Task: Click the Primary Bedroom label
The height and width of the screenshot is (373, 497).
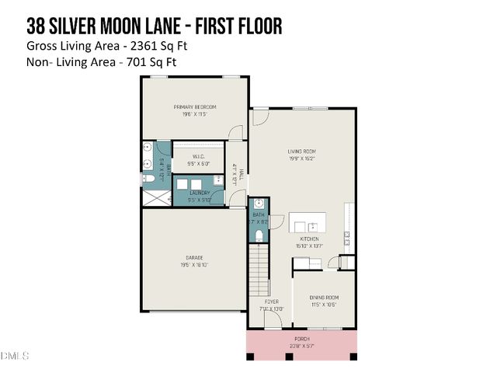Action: [195, 106]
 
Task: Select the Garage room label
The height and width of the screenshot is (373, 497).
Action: [194, 257]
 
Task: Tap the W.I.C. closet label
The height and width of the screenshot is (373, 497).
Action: [199, 155]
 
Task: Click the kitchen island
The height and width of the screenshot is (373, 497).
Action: [308, 221]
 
